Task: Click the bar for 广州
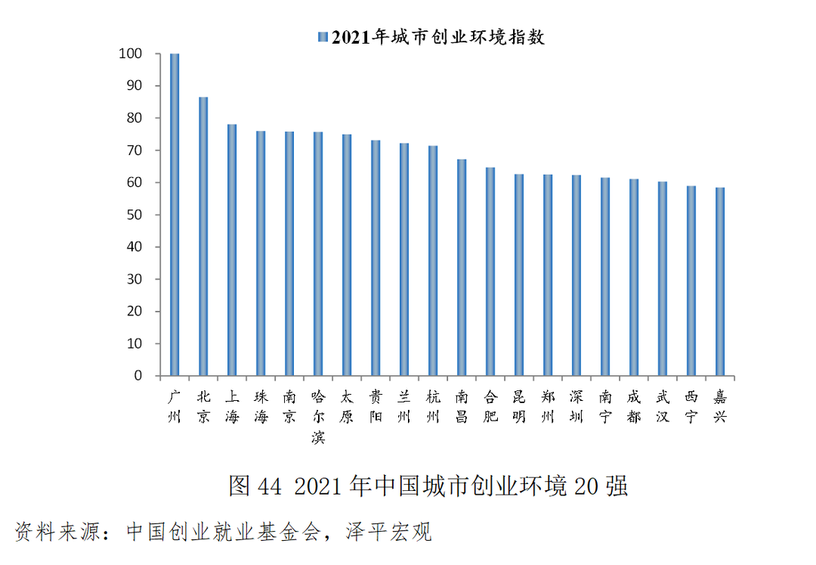click(175, 215)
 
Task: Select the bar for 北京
click(203, 236)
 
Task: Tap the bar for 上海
click(232, 250)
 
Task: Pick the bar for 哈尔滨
click(318, 253)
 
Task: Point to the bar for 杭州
click(433, 260)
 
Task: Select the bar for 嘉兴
click(720, 281)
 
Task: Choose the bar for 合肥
click(490, 272)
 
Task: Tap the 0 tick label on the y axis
click(138, 376)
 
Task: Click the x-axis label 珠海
click(261, 406)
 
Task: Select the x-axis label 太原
click(347, 406)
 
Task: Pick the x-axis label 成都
click(634, 406)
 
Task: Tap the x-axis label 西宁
click(691, 406)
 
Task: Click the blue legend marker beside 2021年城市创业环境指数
click(323, 37)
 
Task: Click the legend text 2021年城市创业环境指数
click(437, 37)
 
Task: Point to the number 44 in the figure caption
click(270, 486)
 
